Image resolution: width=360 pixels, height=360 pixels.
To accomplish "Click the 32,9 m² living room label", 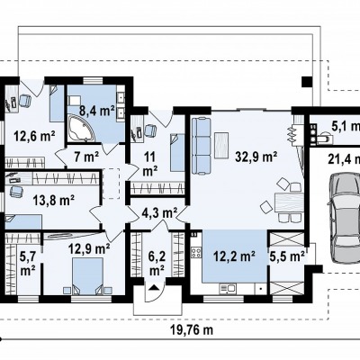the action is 256,157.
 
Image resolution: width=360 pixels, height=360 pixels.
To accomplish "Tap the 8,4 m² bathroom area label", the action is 97,111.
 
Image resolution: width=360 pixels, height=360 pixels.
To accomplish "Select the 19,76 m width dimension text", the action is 192,330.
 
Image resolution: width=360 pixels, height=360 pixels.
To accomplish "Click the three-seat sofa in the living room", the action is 201,146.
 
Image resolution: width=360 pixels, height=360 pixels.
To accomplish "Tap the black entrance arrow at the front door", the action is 154,288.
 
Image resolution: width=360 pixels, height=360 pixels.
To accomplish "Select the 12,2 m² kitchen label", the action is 234,256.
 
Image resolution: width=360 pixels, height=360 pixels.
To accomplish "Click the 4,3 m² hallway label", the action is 159,213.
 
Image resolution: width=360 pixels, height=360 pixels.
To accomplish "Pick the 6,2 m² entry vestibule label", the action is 157,264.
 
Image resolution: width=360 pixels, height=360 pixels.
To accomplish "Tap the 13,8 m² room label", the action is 54,200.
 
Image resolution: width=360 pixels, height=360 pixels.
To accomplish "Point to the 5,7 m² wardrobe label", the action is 27,264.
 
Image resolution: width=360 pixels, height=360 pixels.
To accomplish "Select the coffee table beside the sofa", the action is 221,144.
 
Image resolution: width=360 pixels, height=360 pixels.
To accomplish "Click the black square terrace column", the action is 307,82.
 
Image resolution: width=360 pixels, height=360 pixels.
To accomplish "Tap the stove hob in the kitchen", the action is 196,252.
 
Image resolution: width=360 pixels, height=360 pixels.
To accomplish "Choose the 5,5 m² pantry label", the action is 288,256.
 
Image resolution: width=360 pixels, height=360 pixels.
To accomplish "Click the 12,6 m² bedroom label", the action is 34,137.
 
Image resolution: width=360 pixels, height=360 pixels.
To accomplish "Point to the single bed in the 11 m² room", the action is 177,153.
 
